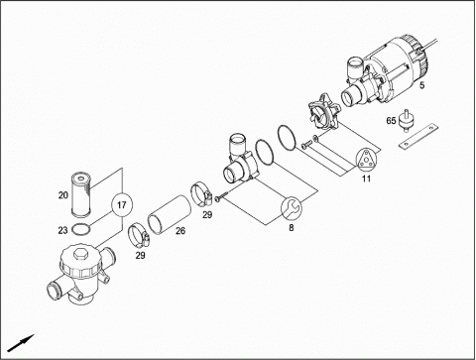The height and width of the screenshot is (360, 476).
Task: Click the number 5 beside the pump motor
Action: click(x=421, y=85)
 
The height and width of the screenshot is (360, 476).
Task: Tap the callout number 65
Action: click(x=391, y=121)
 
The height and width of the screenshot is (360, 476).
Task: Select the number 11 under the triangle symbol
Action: click(x=366, y=179)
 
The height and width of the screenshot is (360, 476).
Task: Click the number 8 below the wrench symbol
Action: click(x=291, y=228)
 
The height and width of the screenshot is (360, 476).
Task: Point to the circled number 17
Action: click(x=122, y=205)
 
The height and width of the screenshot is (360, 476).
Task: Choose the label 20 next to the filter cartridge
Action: click(x=63, y=195)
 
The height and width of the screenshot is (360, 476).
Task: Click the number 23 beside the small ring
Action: click(x=62, y=230)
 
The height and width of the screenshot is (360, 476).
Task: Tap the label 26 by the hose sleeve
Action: click(x=180, y=230)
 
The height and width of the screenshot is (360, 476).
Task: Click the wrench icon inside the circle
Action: click(x=292, y=208)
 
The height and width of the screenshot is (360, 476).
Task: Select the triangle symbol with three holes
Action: click(x=366, y=160)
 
